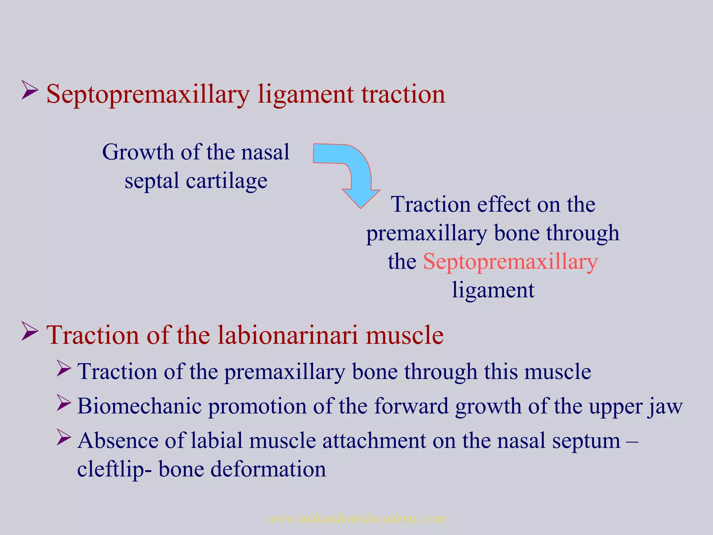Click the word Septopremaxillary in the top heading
148,95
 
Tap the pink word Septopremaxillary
510,262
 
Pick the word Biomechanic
139,406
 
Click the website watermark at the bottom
356,519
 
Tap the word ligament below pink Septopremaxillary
493,290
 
